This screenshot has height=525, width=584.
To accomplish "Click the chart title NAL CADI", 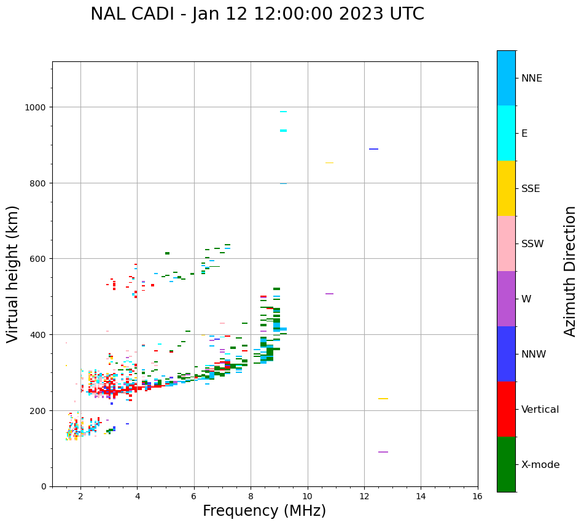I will (x=257, y=14).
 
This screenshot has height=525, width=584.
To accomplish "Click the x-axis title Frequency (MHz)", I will (x=264, y=511).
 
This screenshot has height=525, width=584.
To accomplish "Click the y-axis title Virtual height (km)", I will (x=13, y=274).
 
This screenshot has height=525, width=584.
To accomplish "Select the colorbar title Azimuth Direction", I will (x=570, y=271).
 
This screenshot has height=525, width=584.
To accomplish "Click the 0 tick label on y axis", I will (x=43, y=486).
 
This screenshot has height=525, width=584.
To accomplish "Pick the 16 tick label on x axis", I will (x=477, y=496).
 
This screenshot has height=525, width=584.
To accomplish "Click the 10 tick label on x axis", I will (x=307, y=496).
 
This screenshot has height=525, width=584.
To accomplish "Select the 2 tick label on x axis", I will (x=80, y=496).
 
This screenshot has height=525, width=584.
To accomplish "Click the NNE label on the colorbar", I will (x=532, y=79).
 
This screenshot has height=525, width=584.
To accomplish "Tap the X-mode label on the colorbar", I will (x=540, y=465).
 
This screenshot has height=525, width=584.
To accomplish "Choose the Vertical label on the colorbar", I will (x=540, y=410).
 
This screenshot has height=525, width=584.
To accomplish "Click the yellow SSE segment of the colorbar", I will (x=506, y=188).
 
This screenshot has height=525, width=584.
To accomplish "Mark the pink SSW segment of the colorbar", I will (x=506, y=243).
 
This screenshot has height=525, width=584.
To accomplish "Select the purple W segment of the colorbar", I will (x=506, y=299).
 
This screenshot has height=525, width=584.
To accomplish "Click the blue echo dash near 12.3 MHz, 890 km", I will (x=373, y=149).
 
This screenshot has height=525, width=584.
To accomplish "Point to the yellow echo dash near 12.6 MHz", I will (x=383, y=399).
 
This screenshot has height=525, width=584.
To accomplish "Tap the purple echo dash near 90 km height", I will (x=383, y=452).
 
